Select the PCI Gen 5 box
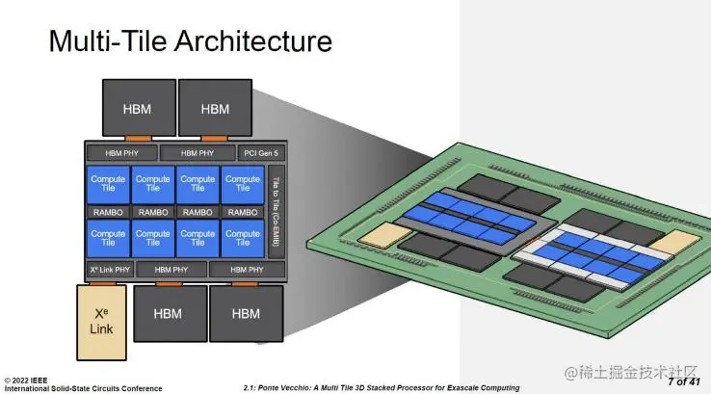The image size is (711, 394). [x=260, y=152]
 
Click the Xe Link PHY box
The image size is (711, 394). [x=109, y=270]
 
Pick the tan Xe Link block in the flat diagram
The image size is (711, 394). [x=101, y=314]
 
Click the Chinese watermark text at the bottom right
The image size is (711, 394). [x=631, y=372]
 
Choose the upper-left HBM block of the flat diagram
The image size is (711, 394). [x=137, y=109]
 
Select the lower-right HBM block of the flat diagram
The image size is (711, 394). [x=246, y=314]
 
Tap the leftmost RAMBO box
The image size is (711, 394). [x=107, y=212]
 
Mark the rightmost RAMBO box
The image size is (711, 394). [x=242, y=212]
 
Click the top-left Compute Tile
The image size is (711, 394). [x=107, y=183]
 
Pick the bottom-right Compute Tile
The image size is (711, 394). [x=242, y=237]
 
